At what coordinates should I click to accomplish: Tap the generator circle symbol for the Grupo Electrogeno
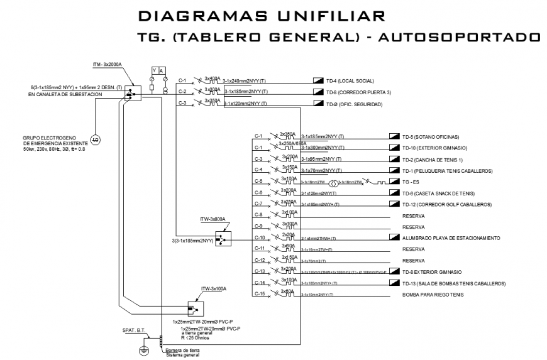click(95, 138)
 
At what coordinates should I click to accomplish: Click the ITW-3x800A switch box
click(223, 239)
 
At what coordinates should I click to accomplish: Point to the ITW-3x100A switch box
click(197, 308)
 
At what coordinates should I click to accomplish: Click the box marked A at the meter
click(162, 70)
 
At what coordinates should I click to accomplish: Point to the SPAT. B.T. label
click(133, 329)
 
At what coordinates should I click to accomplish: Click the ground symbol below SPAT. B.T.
click(143, 351)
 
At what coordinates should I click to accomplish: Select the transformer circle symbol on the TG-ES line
click(334, 182)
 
